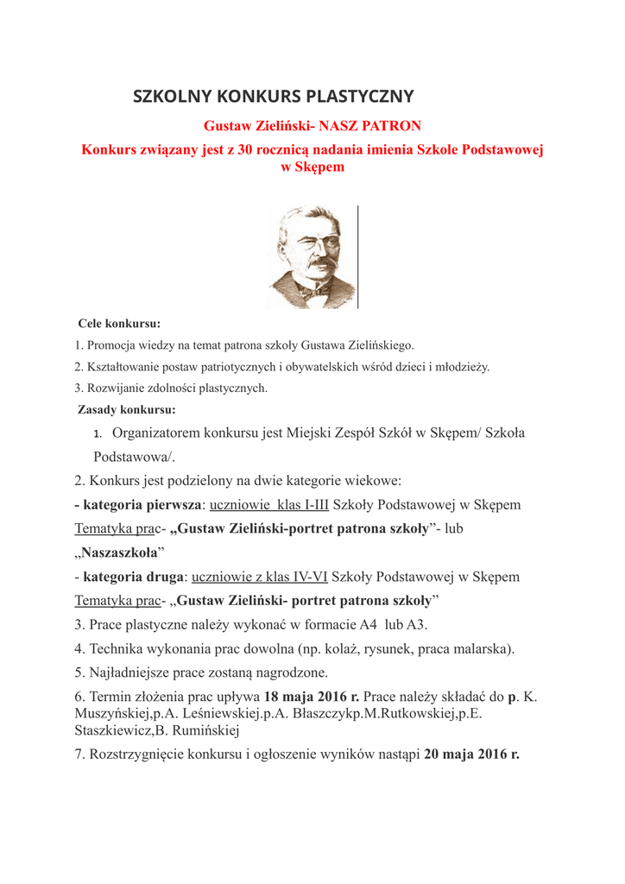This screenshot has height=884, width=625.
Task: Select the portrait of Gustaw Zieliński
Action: pos(312,256)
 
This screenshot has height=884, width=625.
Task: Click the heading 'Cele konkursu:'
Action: pos(119,325)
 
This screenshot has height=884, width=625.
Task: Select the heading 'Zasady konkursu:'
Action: pos(126,410)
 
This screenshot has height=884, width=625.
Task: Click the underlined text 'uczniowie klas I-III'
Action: pos(269,504)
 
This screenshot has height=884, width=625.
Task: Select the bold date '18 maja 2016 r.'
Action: pos(311,696)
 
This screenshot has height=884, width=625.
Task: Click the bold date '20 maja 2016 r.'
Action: pos(471,754)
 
